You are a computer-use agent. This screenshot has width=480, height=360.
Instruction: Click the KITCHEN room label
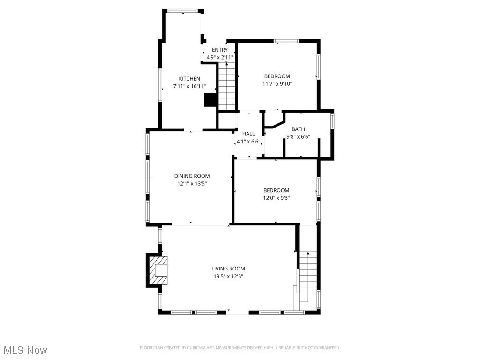tap(189, 79)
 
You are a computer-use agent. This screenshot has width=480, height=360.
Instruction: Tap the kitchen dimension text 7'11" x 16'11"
tap(189, 86)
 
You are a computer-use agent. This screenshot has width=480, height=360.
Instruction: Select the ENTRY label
tap(220, 50)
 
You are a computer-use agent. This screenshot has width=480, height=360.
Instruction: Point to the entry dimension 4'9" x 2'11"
tap(220, 57)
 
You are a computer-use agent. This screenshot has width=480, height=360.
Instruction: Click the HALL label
tap(248, 134)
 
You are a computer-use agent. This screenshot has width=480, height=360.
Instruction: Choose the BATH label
tap(298, 129)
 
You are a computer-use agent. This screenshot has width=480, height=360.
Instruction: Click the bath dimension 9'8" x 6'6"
tap(298, 137)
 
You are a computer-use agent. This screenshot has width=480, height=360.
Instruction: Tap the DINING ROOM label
tap(192, 176)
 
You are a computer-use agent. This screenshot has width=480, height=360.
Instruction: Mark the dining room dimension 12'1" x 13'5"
tap(192, 184)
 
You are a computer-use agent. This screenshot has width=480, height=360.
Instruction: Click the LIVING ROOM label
tap(228, 269)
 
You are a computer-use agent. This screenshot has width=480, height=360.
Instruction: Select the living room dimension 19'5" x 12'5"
tap(228, 276)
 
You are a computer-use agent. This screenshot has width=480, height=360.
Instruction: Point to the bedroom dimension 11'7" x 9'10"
tap(277, 84)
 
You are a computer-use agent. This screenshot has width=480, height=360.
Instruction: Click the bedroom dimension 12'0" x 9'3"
tap(276, 198)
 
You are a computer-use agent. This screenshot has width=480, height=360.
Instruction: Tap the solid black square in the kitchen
tap(210, 100)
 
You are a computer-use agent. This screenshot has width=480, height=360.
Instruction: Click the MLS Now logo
tap(25, 350)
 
